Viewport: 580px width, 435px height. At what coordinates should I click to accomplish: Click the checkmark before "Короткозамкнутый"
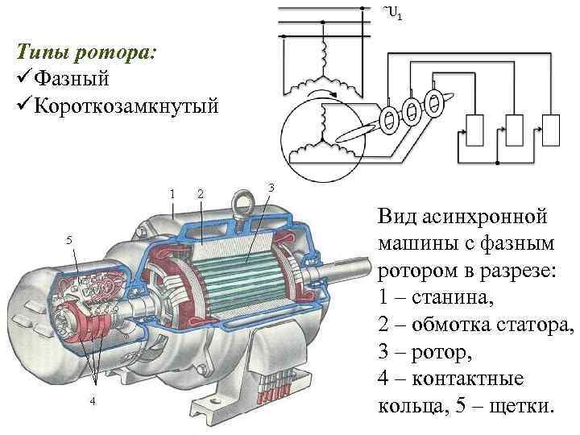click(x=24, y=106)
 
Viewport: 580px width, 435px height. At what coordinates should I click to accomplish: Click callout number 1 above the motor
click(x=172, y=193)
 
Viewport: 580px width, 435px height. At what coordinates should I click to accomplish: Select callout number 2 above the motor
click(x=201, y=193)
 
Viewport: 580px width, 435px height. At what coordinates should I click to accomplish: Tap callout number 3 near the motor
click(x=271, y=187)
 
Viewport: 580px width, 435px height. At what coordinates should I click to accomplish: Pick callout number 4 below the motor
click(x=93, y=400)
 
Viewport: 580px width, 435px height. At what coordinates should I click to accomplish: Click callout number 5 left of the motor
click(x=69, y=240)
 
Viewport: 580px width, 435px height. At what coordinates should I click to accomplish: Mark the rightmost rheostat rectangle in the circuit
click(x=552, y=129)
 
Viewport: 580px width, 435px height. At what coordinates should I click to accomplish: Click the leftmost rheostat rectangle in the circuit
click(x=474, y=129)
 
